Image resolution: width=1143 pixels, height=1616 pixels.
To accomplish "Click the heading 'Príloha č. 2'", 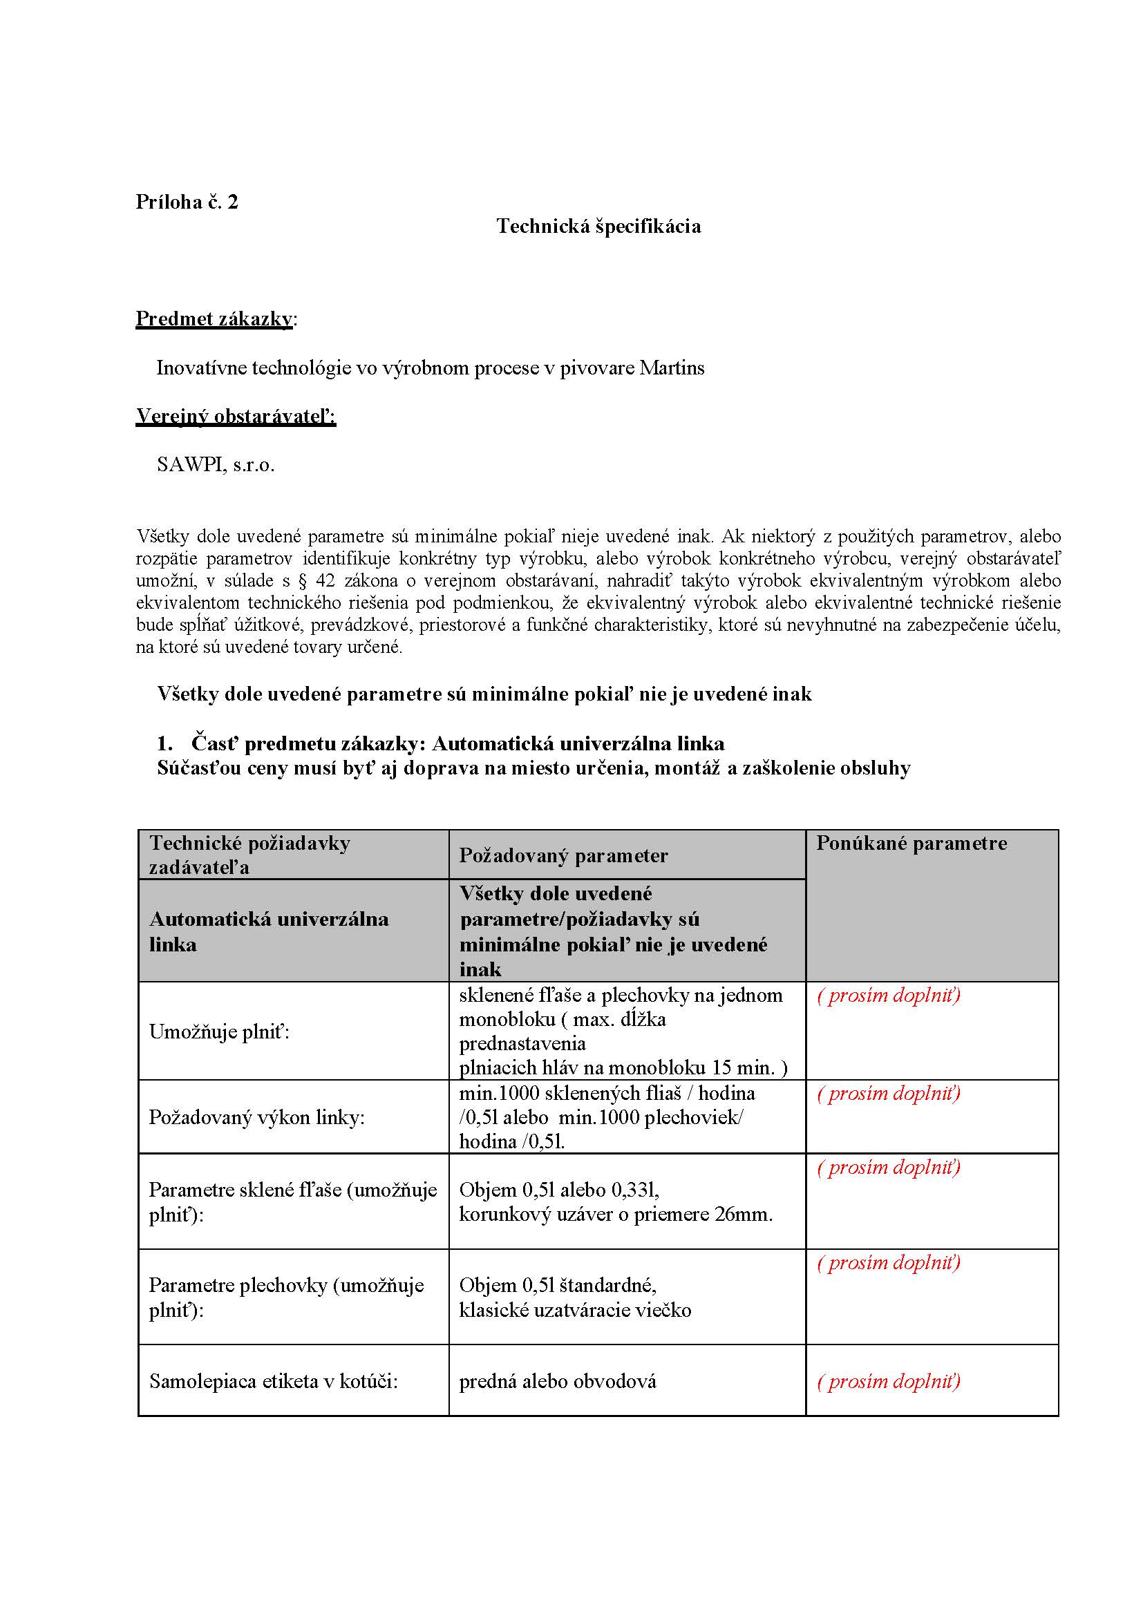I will coord(187,202).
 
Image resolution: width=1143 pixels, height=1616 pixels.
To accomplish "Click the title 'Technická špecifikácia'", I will coord(598,226).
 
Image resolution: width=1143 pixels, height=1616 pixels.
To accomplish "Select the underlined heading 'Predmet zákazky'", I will coord(214,319).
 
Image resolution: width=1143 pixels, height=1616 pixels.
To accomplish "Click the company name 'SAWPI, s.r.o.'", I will coord(216,464).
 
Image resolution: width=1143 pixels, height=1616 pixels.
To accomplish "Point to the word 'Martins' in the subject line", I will coord(672,368).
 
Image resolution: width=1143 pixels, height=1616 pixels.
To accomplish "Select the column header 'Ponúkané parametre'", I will coord(911,843).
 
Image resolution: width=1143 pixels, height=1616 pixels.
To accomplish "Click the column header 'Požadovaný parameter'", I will coord(563,855).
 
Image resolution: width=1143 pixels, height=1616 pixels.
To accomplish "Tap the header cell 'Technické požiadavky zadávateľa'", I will coord(250,855).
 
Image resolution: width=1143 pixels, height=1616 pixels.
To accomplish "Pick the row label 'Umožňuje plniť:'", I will coord(220,1032).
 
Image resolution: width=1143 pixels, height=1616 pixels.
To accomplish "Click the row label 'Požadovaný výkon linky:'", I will coord(256,1118).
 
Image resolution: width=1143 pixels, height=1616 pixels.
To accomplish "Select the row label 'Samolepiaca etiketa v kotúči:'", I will coord(273,1381).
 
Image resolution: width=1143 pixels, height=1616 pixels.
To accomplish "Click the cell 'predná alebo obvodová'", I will coord(558,1381).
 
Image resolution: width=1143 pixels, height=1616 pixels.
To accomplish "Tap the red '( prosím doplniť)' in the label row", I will coord(888,1381).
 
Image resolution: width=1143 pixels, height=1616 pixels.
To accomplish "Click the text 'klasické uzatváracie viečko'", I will coord(575,1310).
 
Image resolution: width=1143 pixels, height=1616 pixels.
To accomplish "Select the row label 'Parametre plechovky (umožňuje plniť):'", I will coord(286,1297).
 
